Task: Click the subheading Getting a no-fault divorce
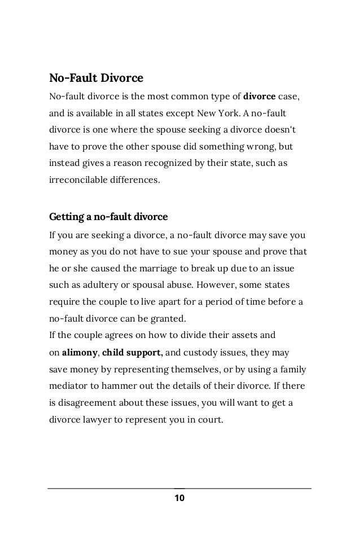(108, 217)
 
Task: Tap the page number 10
(179, 498)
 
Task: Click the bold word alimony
(80, 353)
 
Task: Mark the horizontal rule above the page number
(179, 489)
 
